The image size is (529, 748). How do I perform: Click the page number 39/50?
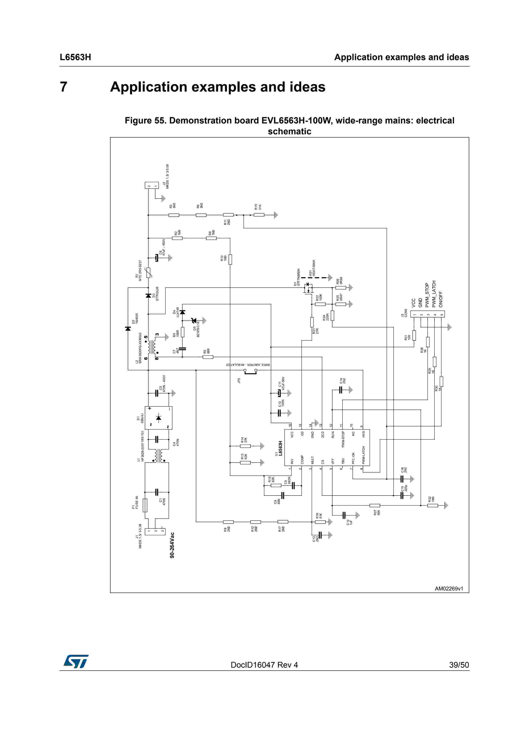click(x=459, y=665)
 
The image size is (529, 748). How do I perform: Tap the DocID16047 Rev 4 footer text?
click(x=264, y=665)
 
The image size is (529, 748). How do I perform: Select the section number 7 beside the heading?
click(x=64, y=87)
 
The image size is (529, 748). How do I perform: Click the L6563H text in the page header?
click(x=75, y=57)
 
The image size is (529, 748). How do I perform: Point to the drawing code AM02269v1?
click(x=449, y=588)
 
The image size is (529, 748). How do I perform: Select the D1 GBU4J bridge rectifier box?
click(x=158, y=418)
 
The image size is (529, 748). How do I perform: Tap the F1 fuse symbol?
click(x=145, y=505)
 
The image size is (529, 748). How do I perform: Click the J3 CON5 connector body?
click(x=427, y=314)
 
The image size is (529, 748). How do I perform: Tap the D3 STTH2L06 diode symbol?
click(x=148, y=296)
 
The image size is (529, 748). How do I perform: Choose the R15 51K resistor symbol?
click(x=259, y=215)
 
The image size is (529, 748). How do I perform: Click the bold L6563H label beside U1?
click(x=280, y=448)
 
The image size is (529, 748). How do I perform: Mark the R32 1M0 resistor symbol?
click(x=433, y=506)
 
